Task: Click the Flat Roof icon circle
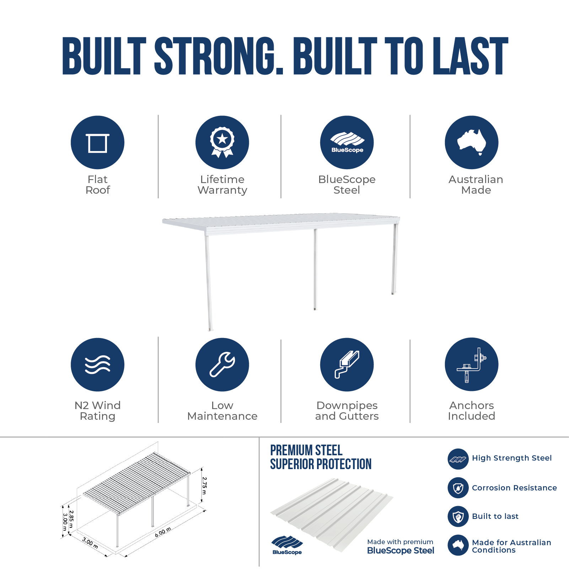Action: pos(97,142)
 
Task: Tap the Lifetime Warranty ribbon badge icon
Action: pos(222,142)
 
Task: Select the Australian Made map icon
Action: pos(472,142)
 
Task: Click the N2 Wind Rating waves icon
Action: pos(97,365)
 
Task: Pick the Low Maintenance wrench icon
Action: pos(222,365)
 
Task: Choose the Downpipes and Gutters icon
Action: pos(347,365)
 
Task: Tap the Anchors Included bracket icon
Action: pos(472,365)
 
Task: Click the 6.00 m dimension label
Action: pos(163,532)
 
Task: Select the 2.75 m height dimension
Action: pos(204,485)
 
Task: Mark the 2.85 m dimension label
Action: pos(71,519)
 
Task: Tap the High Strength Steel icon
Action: pos(458,459)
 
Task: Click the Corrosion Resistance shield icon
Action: pos(458,488)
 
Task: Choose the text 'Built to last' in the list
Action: pos(495,516)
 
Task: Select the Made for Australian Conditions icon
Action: pos(458,545)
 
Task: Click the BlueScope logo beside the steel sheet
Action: pos(287,545)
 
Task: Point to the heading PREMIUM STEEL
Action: pos(306,450)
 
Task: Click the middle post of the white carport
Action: pos(315,269)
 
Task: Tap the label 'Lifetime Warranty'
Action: pos(222,184)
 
